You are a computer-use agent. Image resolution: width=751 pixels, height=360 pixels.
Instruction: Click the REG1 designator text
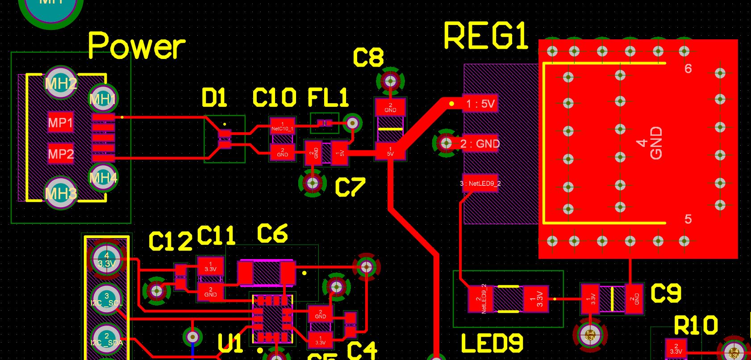[486, 36]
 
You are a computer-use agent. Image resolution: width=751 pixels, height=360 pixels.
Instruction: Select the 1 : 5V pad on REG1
[480, 104]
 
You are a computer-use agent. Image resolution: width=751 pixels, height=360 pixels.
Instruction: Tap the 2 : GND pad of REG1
[480, 143]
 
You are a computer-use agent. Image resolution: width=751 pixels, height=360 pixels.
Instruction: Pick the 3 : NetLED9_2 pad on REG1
[480, 183]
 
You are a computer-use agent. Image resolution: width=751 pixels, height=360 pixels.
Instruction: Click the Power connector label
[136, 46]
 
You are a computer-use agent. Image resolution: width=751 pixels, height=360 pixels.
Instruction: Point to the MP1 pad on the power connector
[60, 122]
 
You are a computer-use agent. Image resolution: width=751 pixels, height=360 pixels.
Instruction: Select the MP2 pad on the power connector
[60, 154]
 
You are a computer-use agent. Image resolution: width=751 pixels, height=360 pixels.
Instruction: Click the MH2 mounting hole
[61, 83]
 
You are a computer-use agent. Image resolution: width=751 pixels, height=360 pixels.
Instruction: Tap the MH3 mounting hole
[61, 193]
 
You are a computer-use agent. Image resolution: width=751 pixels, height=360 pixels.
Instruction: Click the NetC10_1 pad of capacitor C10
[282, 126]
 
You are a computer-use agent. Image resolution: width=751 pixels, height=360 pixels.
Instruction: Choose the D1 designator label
[214, 98]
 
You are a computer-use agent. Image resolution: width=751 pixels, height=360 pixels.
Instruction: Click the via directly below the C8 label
[391, 81]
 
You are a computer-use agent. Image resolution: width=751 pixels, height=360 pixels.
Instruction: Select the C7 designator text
[350, 187]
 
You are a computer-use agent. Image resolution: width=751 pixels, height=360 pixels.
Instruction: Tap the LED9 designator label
[492, 343]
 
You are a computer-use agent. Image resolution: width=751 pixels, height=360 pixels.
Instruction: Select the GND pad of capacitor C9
[634, 299]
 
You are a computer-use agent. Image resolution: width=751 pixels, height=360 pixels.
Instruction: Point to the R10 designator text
[696, 326]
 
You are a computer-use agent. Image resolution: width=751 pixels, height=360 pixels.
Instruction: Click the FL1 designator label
[328, 98]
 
